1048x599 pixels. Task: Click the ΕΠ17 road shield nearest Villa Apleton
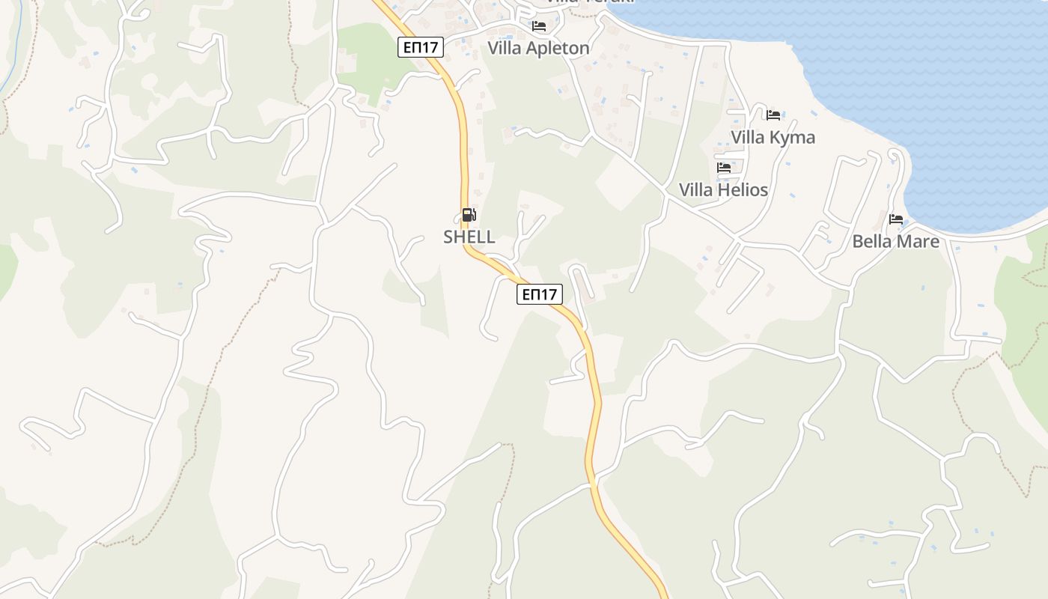421,47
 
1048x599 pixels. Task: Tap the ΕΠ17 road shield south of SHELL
539,294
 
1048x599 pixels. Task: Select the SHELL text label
469,237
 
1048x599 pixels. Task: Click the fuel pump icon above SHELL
469,216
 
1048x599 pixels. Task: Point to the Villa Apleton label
538,48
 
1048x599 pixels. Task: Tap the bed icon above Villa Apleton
539,26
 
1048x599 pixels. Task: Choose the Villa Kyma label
773,137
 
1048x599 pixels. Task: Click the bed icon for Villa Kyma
773,115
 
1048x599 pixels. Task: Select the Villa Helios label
723,189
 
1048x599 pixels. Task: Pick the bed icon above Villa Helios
724,168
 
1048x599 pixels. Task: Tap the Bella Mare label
895,241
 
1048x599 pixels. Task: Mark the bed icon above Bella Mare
896,219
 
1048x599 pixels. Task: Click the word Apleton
558,49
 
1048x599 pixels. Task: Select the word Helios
743,189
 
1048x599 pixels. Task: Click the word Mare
918,241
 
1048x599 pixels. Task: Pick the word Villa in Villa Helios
695,189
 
